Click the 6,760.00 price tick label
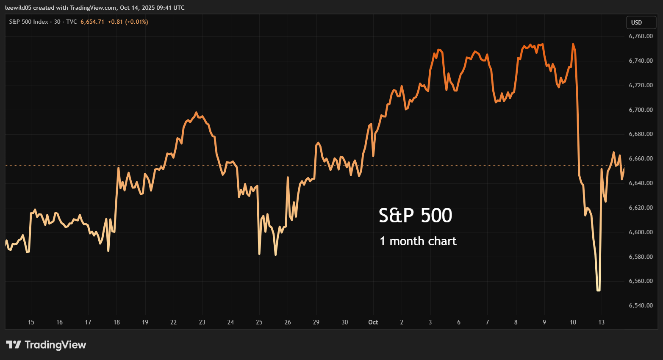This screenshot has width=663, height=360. point(641,36)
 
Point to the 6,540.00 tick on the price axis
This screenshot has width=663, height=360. point(641,305)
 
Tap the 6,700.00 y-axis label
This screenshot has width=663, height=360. point(641,110)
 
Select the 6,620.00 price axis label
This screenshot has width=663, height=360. point(641,208)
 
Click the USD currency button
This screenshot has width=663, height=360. point(636,22)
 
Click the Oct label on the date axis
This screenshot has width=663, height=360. point(373,322)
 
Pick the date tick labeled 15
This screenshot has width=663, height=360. point(31,322)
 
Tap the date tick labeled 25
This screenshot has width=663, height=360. point(259,322)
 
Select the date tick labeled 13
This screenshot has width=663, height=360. point(601,322)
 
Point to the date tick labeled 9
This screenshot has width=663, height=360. point(544,322)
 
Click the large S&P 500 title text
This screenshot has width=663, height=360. point(415,216)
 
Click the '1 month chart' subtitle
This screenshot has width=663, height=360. point(418,241)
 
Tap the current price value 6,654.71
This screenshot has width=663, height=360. point(92,22)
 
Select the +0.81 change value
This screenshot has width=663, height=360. point(115,22)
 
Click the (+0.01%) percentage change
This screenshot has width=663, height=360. point(136,22)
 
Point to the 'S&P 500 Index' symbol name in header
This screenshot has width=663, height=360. point(28,22)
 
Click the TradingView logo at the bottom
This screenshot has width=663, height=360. point(46,345)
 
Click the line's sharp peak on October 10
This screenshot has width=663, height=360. point(573,44)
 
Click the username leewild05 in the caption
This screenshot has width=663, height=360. point(18,8)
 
